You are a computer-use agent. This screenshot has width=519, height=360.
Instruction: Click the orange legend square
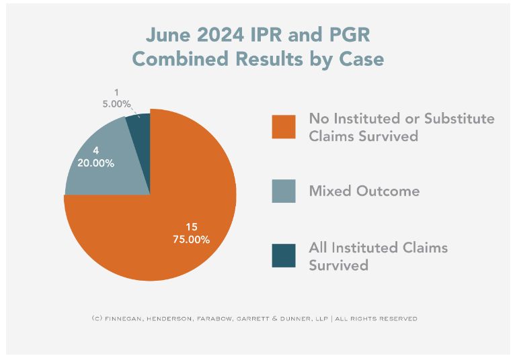284,127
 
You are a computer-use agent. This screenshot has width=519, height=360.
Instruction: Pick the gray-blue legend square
284,191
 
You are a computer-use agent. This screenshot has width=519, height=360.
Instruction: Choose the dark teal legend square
284,256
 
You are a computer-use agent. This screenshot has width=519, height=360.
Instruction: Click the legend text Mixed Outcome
364,191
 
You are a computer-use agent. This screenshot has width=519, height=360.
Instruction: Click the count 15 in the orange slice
191,227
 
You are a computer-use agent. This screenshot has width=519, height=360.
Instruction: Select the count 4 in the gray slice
87,150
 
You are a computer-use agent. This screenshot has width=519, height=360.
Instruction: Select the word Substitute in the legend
458,119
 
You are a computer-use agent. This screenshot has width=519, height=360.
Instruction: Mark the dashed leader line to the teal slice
136,109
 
